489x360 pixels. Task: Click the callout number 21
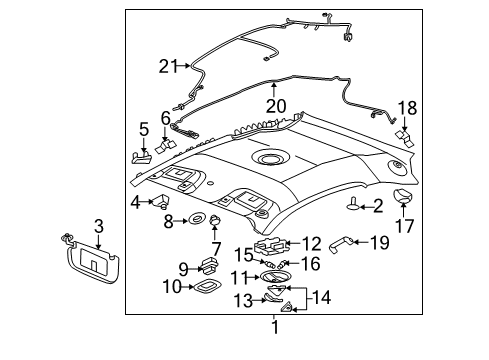(x=169, y=66)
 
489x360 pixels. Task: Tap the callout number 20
(x=276, y=106)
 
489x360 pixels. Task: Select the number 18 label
(x=408, y=108)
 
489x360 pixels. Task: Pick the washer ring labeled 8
(x=196, y=219)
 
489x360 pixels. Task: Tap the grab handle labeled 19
(x=341, y=244)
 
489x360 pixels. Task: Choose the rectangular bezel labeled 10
(x=207, y=287)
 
